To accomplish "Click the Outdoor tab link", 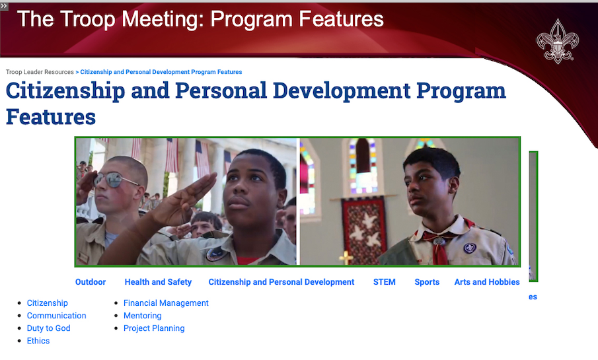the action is point(91,282).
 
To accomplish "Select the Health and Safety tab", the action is point(158,282).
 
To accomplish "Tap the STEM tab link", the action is point(384,282).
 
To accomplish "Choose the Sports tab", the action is point(427,282).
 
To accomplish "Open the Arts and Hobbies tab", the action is point(486,282).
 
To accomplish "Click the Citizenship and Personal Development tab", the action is point(281,282).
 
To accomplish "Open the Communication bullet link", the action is point(56,315).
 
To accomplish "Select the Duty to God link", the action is point(48,328).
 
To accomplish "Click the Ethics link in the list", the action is point(38,341).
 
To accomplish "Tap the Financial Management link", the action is point(166,303).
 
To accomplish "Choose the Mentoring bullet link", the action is point(142,315).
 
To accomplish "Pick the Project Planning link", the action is point(154,328).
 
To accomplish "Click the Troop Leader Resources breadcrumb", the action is point(40,72).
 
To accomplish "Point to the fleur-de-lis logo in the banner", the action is point(557,41).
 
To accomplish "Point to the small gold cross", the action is point(346,258).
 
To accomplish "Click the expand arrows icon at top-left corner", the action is point(4,6).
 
